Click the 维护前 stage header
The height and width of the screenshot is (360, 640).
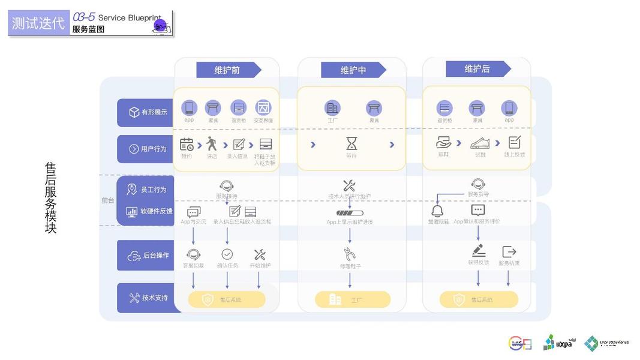click(228, 70)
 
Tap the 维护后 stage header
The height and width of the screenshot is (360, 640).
click(477, 69)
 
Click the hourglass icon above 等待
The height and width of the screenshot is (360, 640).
click(351, 143)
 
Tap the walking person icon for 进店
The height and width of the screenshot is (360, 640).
click(212, 144)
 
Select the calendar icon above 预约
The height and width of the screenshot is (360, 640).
click(187, 144)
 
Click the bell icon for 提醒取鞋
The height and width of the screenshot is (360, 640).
click(438, 211)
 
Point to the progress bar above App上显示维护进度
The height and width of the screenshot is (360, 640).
click(349, 212)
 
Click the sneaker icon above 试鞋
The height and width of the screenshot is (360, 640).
click(479, 143)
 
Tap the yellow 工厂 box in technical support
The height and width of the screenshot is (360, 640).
click(352, 299)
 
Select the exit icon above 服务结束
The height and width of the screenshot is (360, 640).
click(509, 252)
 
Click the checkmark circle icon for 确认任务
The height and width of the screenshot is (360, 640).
click(227, 254)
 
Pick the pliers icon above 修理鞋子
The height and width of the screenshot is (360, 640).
click(350, 254)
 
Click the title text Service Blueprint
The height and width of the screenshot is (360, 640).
click(129, 18)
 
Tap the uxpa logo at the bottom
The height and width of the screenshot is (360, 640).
click(558, 343)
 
